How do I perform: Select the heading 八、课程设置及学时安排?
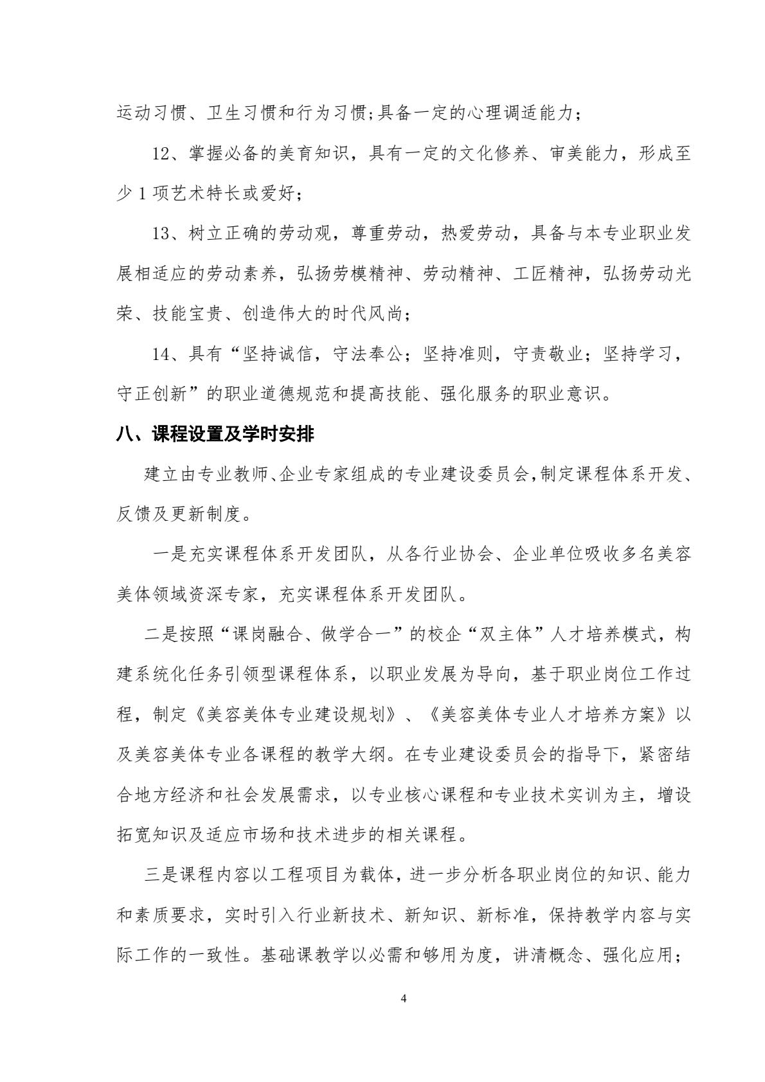pyautogui.click(x=215, y=435)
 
